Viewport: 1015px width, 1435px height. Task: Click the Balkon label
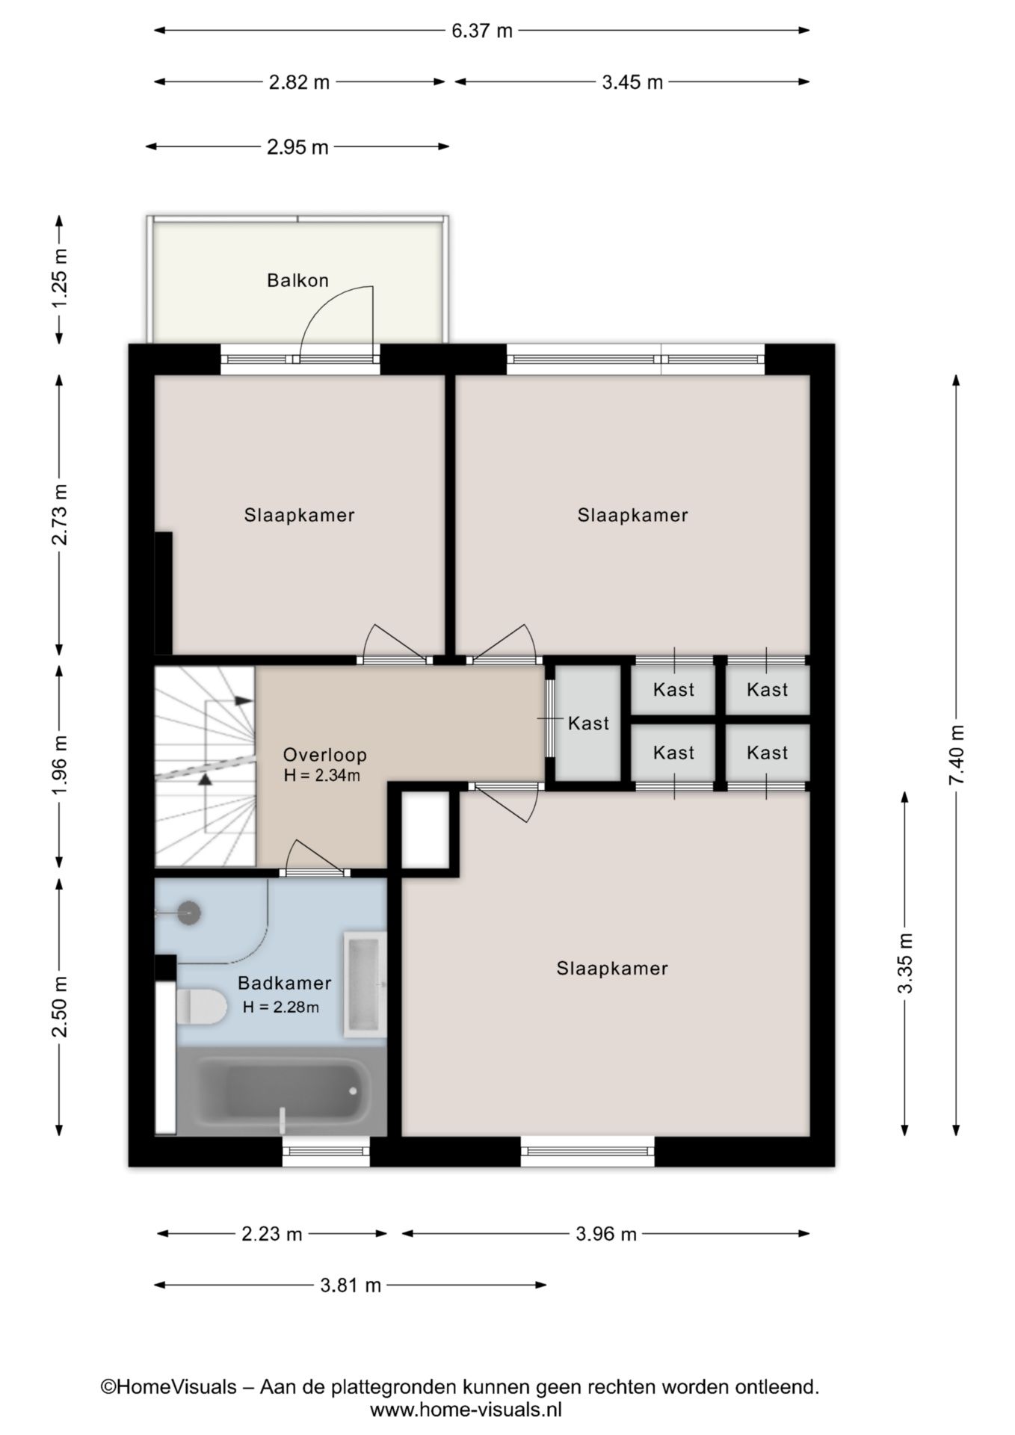pyautogui.click(x=297, y=280)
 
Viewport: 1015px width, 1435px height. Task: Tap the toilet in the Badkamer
pyautogui.click(x=201, y=1006)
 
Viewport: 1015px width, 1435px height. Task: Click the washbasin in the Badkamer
pyautogui.click(x=365, y=984)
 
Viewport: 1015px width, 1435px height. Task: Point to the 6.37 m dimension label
pyautogui.click(x=482, y=31)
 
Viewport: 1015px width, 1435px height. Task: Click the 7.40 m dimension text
pyautogui.click(x=957, y=754)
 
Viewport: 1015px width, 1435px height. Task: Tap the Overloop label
pyautogui.click(x=324, y=755)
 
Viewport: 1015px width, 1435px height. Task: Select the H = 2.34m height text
pyautogui.click(x=322, y=776)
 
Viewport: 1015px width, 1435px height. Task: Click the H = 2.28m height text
pyautogui.click(x=281, y=1007)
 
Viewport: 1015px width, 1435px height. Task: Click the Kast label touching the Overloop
pyautogui.click(x=588, y=723)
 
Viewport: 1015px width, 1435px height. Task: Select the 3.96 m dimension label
pyautogui.click(x=606, y=1234)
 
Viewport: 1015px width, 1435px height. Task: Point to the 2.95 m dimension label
pyautogui.click(x=297, y=147)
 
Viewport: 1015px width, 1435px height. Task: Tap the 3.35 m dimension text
pyautogui.click(x=905, y=963)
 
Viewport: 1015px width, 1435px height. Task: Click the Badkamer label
pyautogui.click(x=284, y=984)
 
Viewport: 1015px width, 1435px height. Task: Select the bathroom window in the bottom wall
pyautogui.click(x=326, y=1151)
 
